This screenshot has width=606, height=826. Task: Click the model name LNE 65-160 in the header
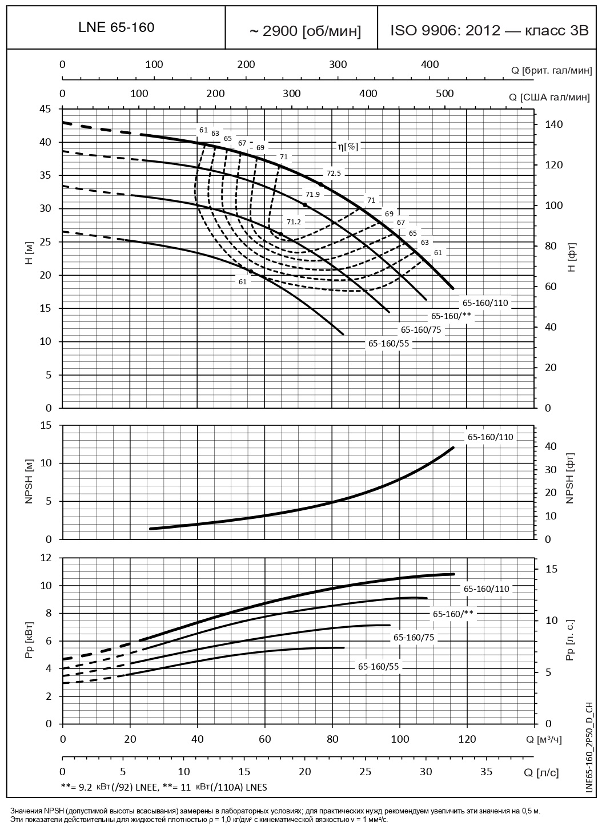[116, 27]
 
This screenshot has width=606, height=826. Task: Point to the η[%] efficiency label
[348, 147]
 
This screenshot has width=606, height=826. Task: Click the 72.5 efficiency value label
[334, 173]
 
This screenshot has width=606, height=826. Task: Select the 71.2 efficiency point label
[294, 221]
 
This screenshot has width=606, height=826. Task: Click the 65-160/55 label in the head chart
[388, 343]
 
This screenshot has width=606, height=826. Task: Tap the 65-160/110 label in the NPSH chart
[491, 437]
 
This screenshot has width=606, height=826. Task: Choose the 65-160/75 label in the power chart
[414, 638]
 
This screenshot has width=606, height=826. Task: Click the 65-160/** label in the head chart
[451, 316]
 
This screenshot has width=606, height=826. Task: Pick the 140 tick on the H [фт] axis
[553, 124]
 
